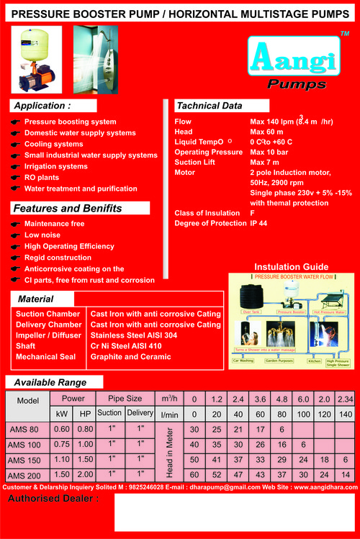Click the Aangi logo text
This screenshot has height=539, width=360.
coord(295,60)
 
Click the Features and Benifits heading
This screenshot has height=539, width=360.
coord(68,209)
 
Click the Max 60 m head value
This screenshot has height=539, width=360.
coord(268,132)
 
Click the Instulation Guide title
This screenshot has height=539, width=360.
coord(292,267)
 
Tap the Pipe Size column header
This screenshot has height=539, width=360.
coord(126,398)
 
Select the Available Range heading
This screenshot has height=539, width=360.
coord(50,382)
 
